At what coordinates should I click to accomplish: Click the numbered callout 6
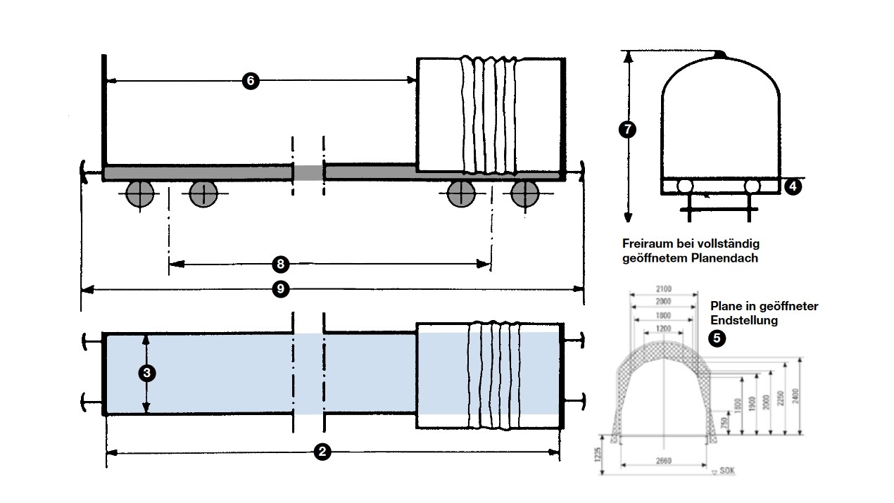point(251,81)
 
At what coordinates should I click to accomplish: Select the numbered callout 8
point(280,264)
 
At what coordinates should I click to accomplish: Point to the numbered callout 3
point(146,373)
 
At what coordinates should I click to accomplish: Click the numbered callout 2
point(322,452)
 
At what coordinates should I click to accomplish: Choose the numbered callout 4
point(792,186)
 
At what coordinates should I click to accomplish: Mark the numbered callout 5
point(717,338)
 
